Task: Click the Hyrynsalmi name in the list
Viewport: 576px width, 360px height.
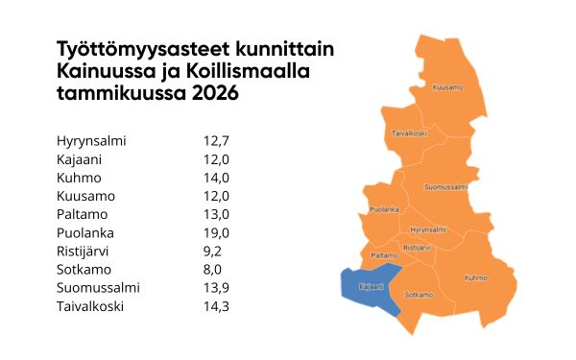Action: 91,141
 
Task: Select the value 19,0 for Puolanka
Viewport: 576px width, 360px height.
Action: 216,233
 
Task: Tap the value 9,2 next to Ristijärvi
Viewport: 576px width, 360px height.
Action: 213,252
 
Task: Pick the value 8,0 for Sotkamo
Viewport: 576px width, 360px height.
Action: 213,270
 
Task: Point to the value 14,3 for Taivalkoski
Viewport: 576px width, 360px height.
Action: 216,306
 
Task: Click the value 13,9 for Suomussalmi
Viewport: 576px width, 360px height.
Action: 216,288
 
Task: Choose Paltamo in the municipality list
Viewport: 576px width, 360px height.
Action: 82,215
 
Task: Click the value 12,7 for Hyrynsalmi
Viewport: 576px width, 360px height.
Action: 216,141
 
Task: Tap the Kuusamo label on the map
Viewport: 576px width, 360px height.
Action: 447,87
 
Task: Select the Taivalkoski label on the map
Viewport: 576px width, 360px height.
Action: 410,133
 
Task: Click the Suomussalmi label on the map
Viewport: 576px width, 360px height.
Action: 445,186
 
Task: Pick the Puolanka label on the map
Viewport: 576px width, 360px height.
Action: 384,208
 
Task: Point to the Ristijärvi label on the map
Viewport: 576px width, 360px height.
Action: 420,248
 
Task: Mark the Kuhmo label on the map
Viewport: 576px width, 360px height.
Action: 475,278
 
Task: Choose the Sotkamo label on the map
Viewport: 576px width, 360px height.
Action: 418,295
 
